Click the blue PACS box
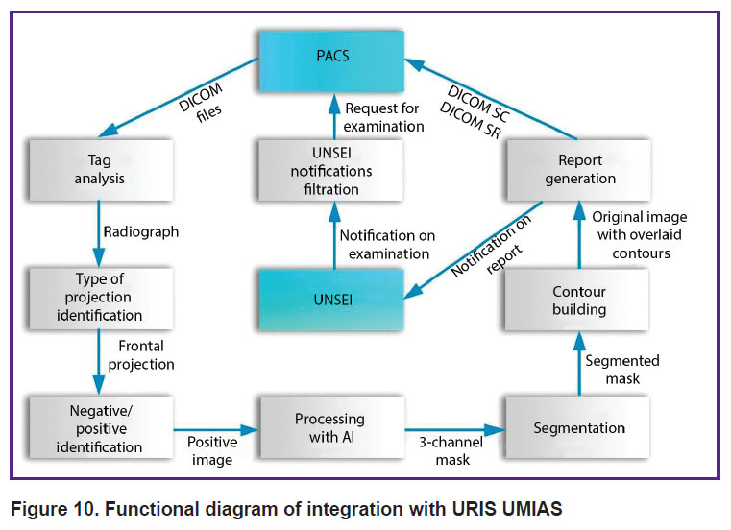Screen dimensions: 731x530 331,61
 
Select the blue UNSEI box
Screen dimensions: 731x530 331,300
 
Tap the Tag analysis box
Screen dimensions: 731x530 101,170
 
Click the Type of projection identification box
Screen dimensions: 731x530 101,299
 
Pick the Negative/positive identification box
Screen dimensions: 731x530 101,427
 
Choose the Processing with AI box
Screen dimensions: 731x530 331,427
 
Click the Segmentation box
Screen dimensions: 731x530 577,427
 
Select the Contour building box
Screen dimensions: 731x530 577,300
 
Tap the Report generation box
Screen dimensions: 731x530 578,170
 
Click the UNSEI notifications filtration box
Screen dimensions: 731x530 331,170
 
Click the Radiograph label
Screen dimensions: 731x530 141,231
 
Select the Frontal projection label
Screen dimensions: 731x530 141,355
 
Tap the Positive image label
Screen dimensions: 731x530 212,450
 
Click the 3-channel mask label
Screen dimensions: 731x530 451,450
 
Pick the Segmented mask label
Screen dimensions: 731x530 622,370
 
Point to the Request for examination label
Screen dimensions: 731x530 383,117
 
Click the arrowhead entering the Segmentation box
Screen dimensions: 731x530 496,430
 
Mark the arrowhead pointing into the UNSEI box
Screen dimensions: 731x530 413,291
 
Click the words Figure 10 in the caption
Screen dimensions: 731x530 55,509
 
